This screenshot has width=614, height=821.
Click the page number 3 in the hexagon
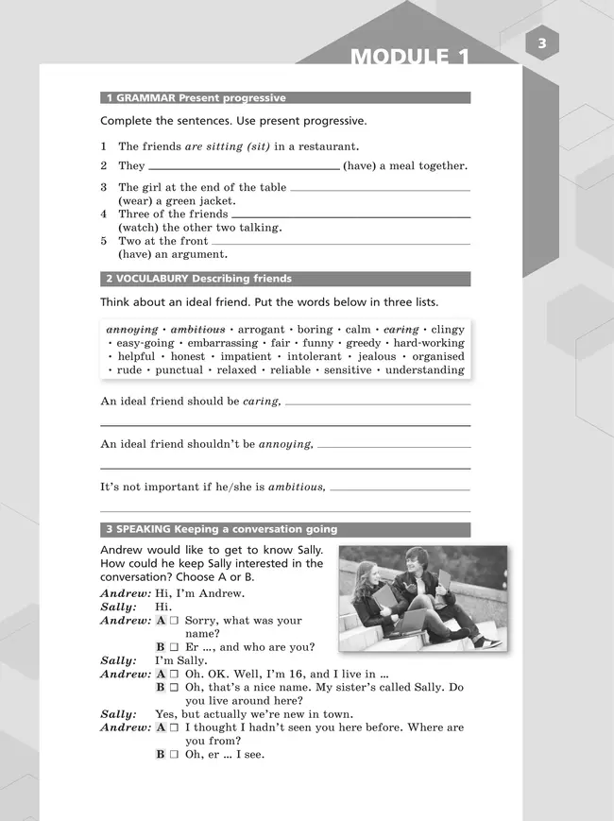[541, 43]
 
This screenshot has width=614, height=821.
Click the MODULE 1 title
[410, 58]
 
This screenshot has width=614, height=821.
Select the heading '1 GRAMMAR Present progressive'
[196, 97]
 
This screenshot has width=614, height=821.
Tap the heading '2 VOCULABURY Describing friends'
[199, 279]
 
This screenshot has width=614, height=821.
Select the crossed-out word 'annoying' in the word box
[132, 330]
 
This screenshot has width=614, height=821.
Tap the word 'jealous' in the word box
[375, 357]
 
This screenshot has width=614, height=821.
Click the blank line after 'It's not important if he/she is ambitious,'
[401, 489]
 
